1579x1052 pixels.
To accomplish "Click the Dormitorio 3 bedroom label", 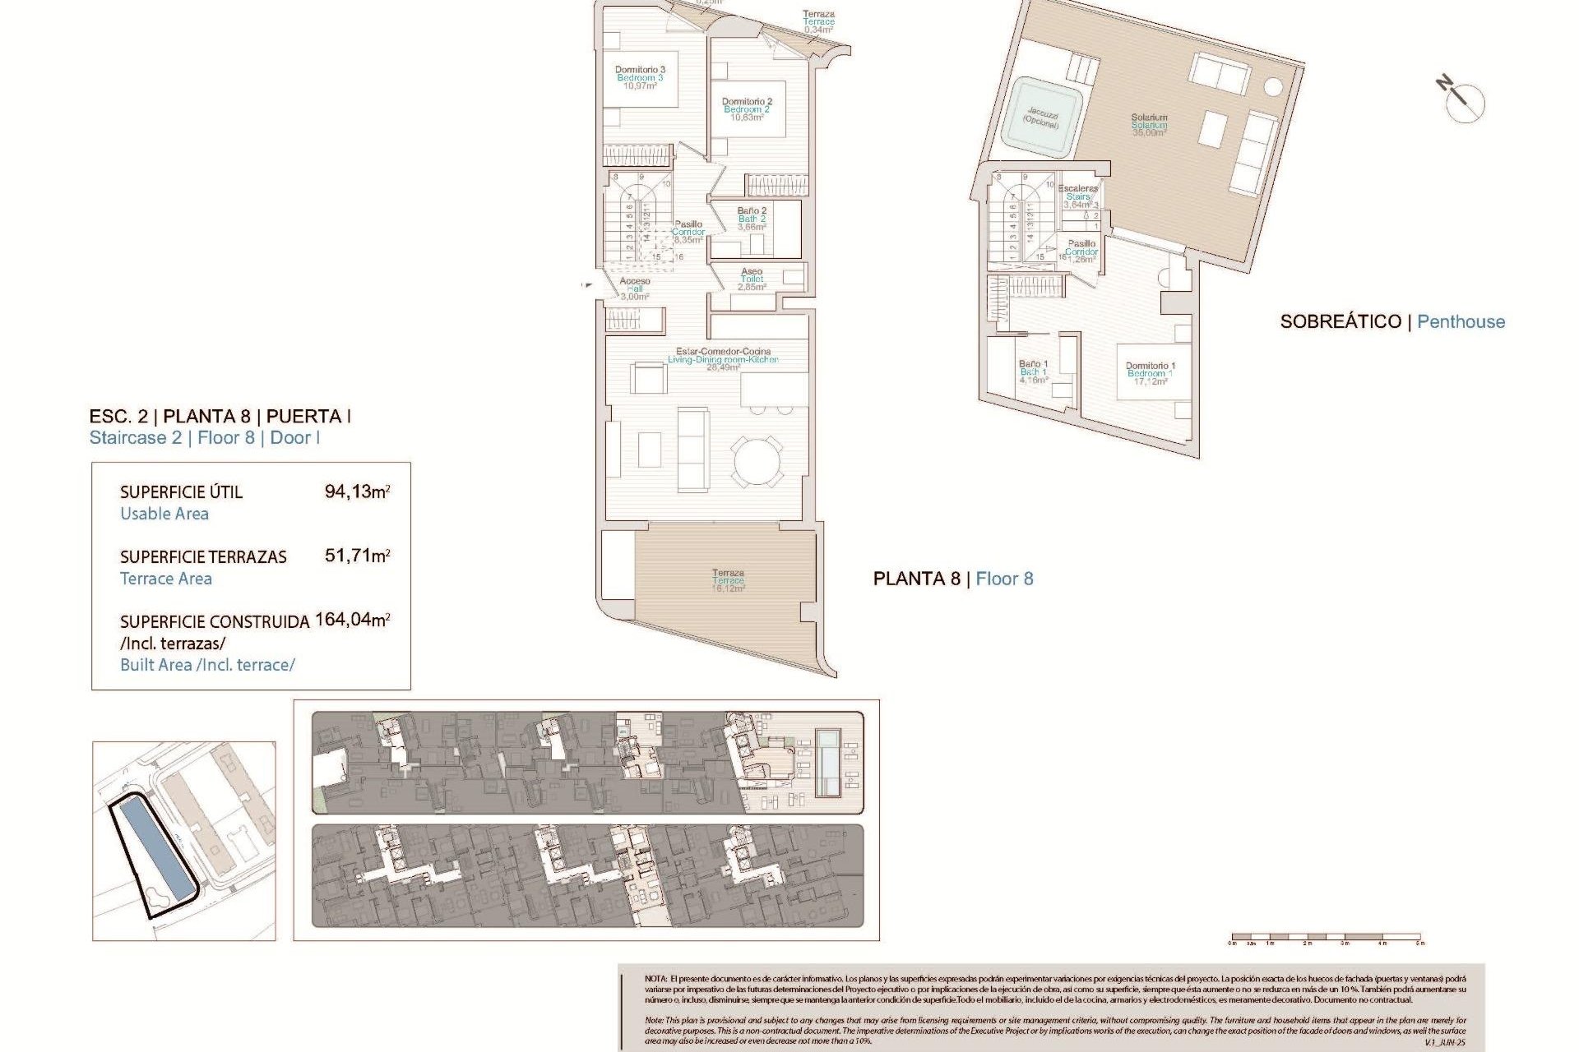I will tap(640, 77).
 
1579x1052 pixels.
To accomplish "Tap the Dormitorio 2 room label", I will tap(747, 109).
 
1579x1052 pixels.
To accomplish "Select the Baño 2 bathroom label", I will tap(752, 219).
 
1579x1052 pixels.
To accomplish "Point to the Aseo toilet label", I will tap(752, 279).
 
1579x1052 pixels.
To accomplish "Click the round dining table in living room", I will tap(757, 461).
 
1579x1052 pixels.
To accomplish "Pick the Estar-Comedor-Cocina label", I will tap(723, 359).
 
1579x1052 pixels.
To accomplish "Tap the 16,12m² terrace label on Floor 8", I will tap(728, 580).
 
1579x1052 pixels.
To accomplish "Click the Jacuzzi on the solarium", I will tap(1042, 118).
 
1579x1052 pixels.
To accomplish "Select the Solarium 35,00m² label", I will tap(1149, 125).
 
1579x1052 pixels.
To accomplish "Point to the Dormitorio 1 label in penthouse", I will tap(1150, 373).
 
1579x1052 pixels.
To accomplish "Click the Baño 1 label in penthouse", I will tap(1033, 371).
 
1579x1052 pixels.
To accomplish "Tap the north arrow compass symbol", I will tap(1462, 101).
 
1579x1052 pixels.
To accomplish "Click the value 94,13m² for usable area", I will tap(357, 491).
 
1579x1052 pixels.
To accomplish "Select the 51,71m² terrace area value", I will tap(357, 556).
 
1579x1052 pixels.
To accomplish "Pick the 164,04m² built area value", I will tap(352, 620).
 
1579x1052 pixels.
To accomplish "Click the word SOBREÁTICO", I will tap(1340, 322).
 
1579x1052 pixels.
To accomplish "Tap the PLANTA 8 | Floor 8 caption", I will tap(952, 579).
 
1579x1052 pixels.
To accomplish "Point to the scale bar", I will tap(1325, 937).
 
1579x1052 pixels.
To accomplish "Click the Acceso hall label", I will tap(634, 288).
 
